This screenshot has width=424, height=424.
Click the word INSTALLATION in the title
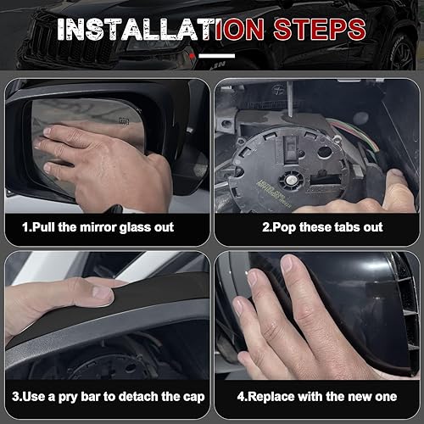click(x=160, y=30)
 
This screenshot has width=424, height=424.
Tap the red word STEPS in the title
click(x=320, y=30)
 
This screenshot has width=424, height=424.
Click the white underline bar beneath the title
click(x=217, y=56)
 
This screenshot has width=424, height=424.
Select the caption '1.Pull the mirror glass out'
click(x=98, y=227)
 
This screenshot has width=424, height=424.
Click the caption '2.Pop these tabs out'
click(x=322, y=227)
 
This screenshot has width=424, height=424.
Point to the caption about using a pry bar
click(x=109, y=397)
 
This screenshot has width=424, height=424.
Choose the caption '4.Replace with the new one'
click(x=317, y=397)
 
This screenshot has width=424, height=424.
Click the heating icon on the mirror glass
click(x=124, y=121)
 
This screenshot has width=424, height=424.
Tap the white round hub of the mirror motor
click(x=291, y=180)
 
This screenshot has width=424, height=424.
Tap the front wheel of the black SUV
click(x=401, y=53)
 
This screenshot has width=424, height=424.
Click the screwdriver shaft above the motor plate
click(x=289, y=99)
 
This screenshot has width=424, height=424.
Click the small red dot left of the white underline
click(x=192, y=56)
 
